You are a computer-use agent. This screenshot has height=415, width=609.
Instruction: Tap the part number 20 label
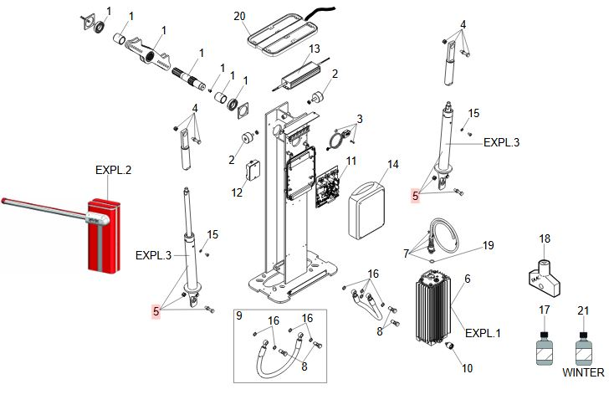(x=240, y=17)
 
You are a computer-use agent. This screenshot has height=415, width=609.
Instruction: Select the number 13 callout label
(x=315, y=49)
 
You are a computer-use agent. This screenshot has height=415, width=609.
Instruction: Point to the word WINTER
(x=582, y=372)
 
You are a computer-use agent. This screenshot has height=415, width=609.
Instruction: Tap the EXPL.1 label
(x=483, y=333)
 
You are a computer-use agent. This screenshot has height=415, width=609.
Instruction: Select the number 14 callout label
(x=392, y=164)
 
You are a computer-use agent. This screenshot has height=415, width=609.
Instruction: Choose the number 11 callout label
(x=351, y=161)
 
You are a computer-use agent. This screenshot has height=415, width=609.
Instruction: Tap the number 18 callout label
(x=545, y=239)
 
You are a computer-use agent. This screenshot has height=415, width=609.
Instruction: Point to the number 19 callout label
(x=489, y=245)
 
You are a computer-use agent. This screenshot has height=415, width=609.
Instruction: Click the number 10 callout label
(x=467, y=367)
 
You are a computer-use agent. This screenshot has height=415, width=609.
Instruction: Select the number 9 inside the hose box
(x=238, y=316)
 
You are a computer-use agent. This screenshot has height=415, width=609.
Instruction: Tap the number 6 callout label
(x=468, y=279)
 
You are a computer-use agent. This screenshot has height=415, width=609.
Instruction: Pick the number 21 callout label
(x=583, y=310)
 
